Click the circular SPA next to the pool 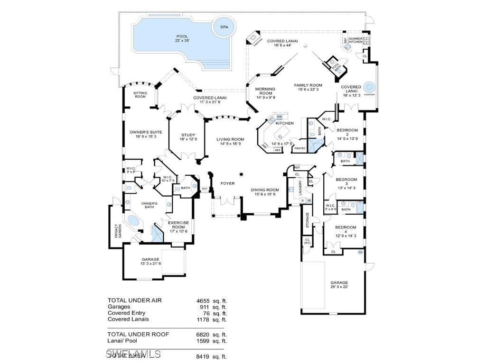click(224, 27)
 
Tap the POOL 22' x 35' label click(182, 38)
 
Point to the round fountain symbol click(370, 88)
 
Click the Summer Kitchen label click(355, 40)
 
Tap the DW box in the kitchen click(280, 117)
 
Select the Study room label click(188, 137)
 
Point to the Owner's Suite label click(146, 134)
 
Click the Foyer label click(227, 183)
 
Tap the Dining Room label click(265, 191)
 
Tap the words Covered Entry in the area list click(126, 313)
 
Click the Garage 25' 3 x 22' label click(339, 284)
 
